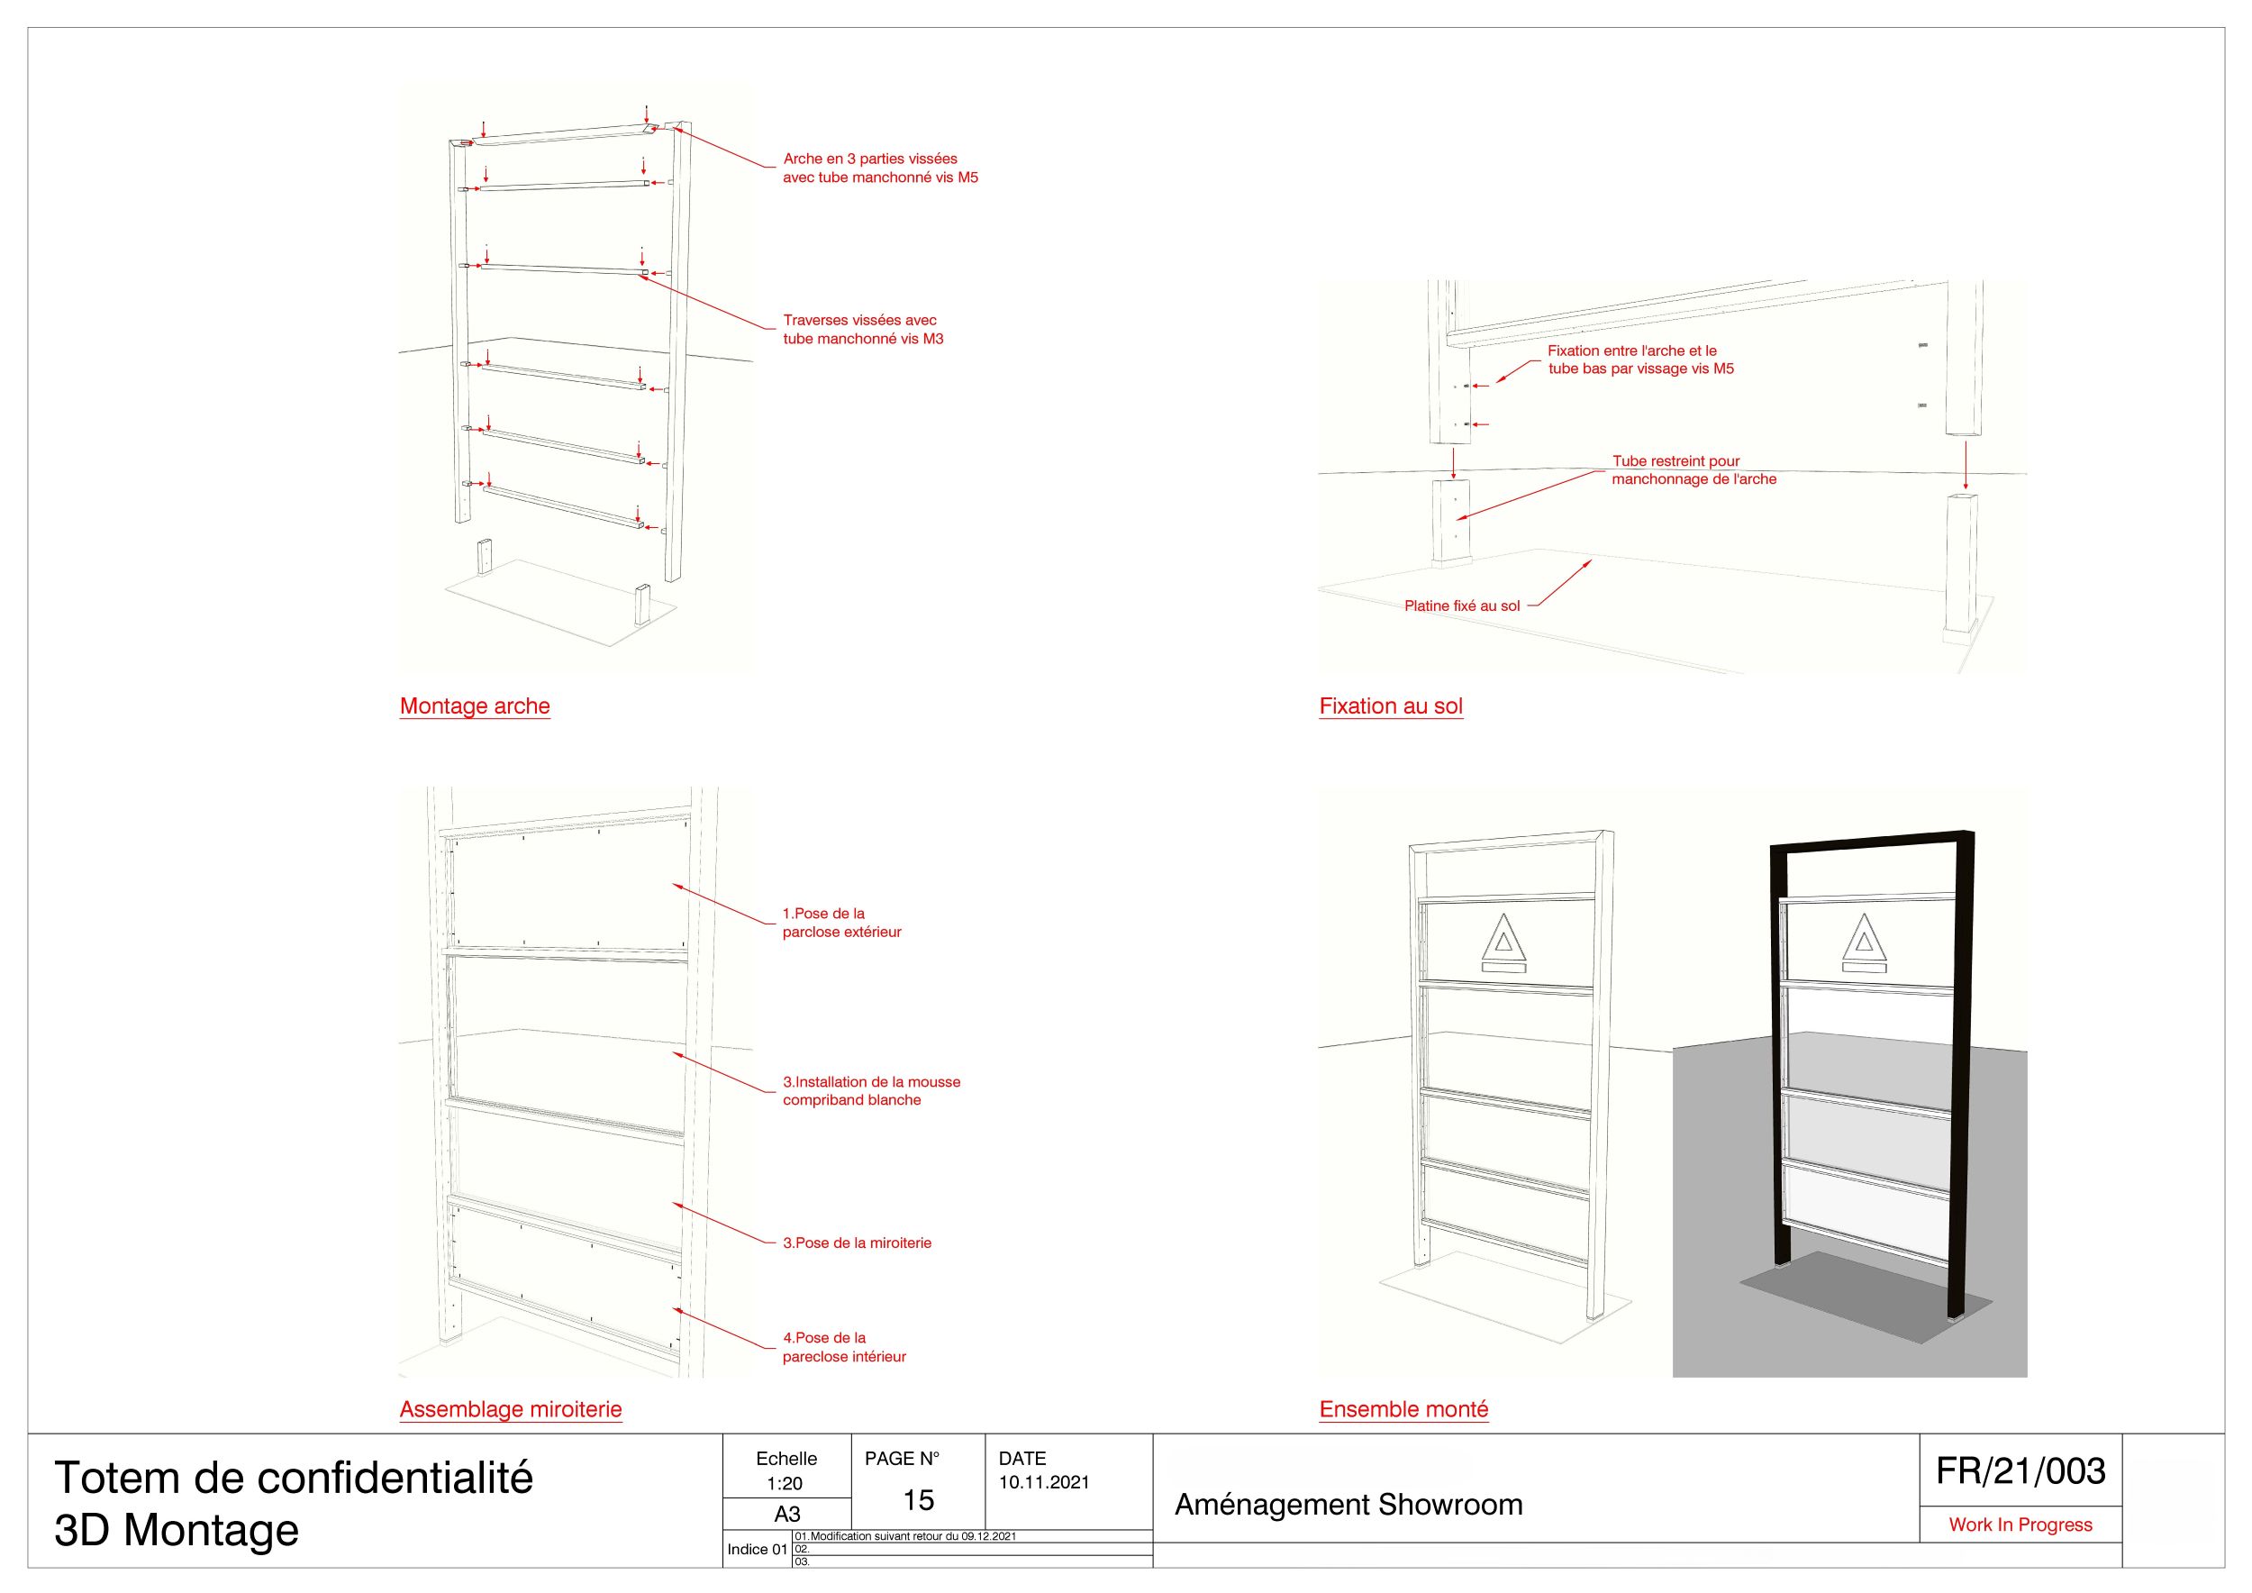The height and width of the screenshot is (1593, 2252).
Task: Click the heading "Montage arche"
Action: (475, 706)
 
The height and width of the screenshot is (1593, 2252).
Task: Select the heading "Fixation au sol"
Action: (1391, 706)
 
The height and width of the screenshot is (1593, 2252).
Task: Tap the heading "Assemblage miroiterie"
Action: (511, 1409)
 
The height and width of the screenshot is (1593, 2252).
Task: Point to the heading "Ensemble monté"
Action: (1403, 1409)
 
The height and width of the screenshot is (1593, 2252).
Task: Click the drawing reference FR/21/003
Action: (2020, 1471)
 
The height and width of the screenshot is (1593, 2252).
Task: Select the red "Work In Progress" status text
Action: (2020, 1525)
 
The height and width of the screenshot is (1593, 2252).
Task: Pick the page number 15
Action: (918, 1500)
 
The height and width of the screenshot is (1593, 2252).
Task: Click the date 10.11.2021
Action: (1044, 1482)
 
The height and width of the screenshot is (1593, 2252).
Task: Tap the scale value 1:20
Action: (785, 1484)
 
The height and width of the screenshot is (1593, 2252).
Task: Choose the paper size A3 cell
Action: (786, 1515)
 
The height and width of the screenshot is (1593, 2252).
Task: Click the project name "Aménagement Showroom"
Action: (1348, 1505)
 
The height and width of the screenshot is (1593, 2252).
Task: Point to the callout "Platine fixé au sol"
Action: (1461, 606)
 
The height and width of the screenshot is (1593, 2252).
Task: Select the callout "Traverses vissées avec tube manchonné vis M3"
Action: (863, 330)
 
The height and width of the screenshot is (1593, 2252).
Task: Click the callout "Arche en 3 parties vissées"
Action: (870, 159)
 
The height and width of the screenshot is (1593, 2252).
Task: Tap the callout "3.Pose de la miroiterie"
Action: (857, 1243)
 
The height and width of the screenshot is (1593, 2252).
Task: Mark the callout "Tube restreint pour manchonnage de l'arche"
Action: (1694, 469)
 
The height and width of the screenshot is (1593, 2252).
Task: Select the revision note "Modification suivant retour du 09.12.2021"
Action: (905, 1536)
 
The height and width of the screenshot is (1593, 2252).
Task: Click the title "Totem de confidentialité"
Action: (294, 1478)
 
